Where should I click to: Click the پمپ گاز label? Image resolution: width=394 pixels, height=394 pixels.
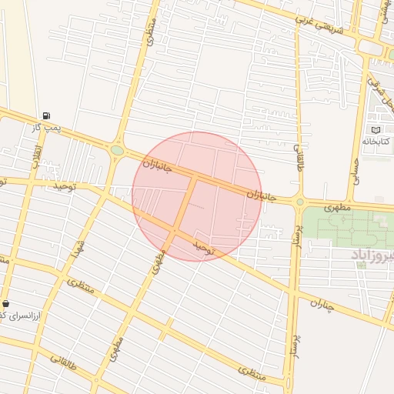(47, 127)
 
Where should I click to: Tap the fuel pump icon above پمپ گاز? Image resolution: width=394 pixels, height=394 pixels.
(48, 115)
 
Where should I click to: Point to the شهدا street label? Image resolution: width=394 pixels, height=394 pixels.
(77, 247)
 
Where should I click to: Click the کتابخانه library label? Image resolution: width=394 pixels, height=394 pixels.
(376, 142)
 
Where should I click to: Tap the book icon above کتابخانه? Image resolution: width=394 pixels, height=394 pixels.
(376, 129)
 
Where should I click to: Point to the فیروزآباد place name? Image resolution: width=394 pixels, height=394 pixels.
(372, 255)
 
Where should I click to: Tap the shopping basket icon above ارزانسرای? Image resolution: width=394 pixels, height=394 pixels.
(6, 304)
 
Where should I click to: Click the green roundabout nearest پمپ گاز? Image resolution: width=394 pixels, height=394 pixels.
(117, 151)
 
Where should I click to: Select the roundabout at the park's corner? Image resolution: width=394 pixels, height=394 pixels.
(299, 203)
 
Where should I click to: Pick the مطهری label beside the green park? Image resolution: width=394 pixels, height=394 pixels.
(336, 208)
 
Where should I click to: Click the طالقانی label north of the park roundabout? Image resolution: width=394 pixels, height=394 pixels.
(300, 158)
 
